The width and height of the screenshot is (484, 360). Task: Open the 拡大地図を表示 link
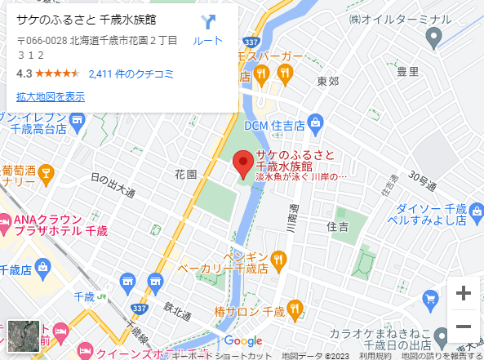point(51,96)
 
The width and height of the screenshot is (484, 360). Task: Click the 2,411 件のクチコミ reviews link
point(131,73)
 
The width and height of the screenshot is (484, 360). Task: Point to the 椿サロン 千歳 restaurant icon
point(295,309)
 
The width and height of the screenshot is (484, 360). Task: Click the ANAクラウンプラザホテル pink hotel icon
point(4,220)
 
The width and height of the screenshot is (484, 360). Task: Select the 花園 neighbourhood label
point(185,175)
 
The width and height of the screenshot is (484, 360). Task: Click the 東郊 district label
point(328,81)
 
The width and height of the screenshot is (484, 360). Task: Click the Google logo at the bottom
point(242,340)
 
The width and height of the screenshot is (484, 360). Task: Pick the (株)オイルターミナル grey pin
point(433,35)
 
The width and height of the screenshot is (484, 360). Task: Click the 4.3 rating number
point(24,73)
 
